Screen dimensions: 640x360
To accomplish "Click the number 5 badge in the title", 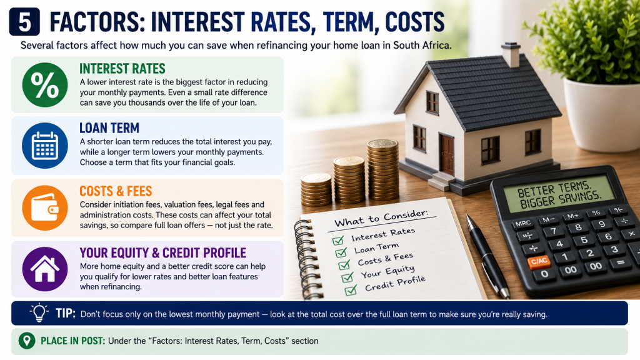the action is (24, 22).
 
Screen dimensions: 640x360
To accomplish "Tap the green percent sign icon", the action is (45, 85).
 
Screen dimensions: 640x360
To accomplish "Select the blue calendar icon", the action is (45, 145).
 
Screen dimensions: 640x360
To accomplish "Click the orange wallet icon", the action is (45, 208).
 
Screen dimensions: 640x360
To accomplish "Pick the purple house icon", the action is (45, 269).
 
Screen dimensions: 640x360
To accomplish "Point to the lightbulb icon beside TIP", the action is (39, 313).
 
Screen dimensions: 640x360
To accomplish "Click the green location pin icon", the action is (27, 341).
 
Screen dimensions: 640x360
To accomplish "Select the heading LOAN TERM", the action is (109, 128).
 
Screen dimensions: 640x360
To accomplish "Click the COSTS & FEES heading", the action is (116, 191).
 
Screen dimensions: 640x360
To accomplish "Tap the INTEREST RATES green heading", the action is (122, 69).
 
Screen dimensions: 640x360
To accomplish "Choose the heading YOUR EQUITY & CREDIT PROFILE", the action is (163, 253).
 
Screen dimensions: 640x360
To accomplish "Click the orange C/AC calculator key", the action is (539, 261).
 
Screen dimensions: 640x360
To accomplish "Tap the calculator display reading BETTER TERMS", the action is (559, 194).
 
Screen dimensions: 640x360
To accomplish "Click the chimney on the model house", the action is (511, 54).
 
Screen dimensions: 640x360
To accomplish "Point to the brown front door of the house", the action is (447, 154).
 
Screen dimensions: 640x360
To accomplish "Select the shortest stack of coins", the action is (316, 189).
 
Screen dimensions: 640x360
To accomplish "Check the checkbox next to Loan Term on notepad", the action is (341, 253).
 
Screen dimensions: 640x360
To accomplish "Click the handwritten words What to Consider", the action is (381, 218).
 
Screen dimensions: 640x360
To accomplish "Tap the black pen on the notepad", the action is (487, 256).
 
